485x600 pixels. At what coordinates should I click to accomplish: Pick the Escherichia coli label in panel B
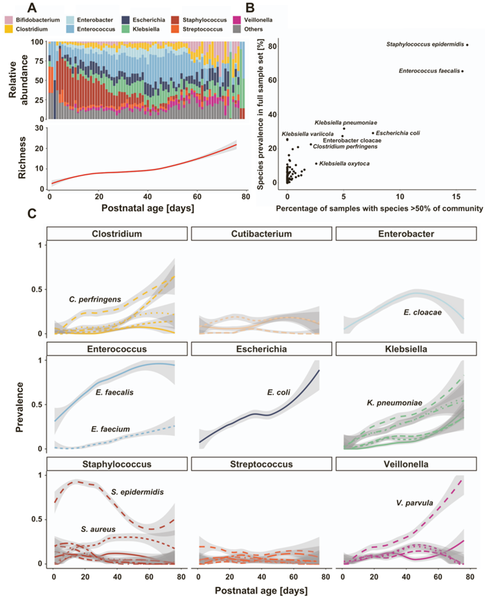[x=397, y=132]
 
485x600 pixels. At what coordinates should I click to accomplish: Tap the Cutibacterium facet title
[x=258, y=234]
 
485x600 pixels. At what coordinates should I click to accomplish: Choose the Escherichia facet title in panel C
[x=258, y=349]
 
